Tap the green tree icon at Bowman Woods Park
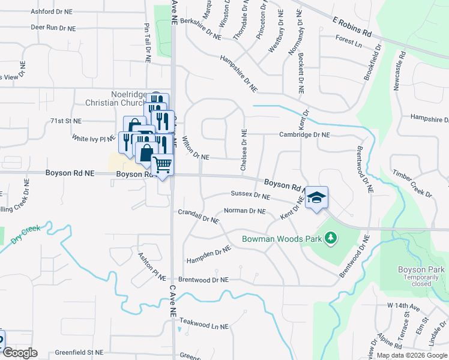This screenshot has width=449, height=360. tap(330, 239)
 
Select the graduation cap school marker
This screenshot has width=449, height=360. tap(317, 197)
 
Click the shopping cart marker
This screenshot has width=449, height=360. tap(163, 164)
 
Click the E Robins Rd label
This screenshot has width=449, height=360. tap(352, 26)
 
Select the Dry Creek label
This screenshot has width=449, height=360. tap(25, 235)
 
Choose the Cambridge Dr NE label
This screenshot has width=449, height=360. tap(304, 135)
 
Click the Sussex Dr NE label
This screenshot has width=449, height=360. tap(251, 195)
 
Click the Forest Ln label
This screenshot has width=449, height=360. tap(349, 43)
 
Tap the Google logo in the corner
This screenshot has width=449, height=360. tap(19, 353)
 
